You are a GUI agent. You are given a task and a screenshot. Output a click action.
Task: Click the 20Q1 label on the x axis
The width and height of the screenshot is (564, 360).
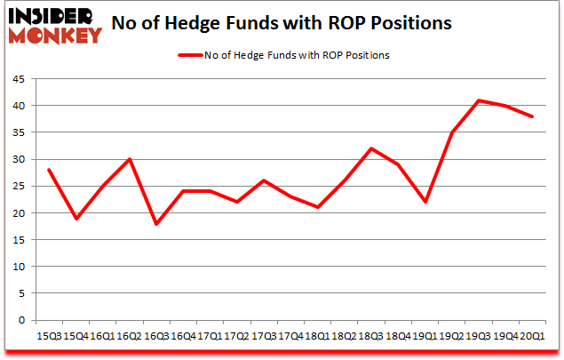(x=534, y=335)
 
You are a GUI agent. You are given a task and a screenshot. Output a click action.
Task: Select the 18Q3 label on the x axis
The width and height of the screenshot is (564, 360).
(x=371, y=335)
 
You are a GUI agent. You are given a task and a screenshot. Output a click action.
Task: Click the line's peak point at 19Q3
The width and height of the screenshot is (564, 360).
(x=480, y=100)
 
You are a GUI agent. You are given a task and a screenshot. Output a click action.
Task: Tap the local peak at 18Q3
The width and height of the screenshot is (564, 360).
(x=371, y=148)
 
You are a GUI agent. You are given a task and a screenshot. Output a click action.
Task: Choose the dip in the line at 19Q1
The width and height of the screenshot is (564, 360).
(x=425, y=202)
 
